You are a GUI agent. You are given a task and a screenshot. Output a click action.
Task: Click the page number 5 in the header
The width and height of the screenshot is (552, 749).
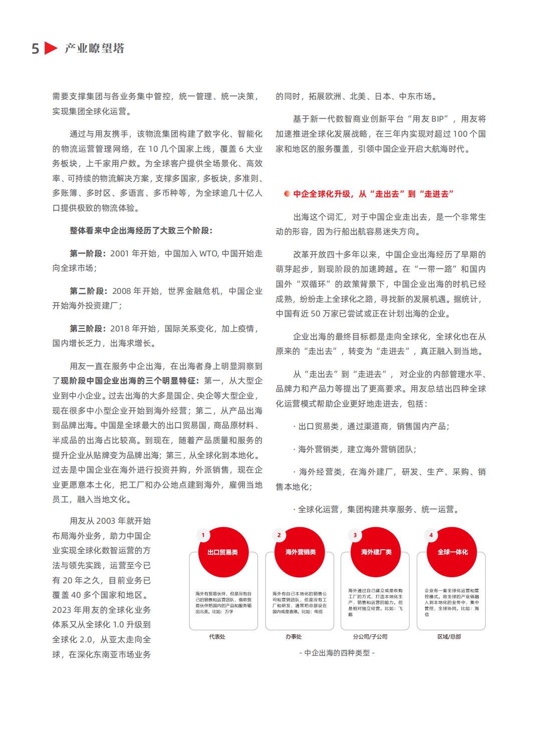pyautogui.click(x=35, y=49)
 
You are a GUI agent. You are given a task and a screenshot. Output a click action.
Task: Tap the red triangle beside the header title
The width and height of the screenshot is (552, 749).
pyautogui.click(x=51, y=48)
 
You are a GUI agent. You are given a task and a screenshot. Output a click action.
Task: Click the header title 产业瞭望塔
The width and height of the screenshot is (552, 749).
pyautogui.click(x=95, y=48)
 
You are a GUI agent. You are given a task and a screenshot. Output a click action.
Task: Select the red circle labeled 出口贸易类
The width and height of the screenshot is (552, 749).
pyautogui.click(x=223, y=552)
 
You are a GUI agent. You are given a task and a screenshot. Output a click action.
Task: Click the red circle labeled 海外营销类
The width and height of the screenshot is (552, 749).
pyautogui.click(x=300, y=552)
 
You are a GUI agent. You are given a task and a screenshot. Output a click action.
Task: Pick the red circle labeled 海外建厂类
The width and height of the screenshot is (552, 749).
pyautogui.click(x=376, y=552)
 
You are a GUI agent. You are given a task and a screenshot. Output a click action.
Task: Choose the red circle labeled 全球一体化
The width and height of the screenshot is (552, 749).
pyautogui.click(x=452, y=552)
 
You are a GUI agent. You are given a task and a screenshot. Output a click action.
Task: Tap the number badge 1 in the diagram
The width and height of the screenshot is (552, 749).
pyautogui.click(x=203, y=535)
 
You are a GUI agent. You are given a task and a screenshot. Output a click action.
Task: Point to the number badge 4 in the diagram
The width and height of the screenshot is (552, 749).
pyautogui.click(x=431, y=535)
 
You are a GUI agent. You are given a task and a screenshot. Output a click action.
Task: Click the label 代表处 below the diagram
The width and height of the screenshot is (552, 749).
pyautogui.click(x=217, y=637)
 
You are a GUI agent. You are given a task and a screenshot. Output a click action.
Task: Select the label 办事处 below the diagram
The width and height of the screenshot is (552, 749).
pyautogui.click(x=294, y=637)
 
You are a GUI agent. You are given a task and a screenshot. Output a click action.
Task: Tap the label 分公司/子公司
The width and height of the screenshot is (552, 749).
pyautogui.click(x=370, y=637)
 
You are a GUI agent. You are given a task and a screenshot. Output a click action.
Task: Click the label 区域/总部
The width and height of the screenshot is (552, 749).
pyautogui.click(x=449, y=637)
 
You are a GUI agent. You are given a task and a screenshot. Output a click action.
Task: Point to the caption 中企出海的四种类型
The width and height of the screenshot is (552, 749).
pyautogui.click(x=337, y=653)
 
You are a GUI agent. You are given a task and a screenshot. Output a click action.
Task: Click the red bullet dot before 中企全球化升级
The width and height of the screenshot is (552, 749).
pyautogui.click(x=287, y=194)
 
